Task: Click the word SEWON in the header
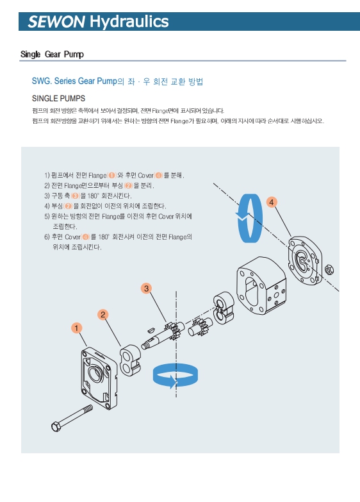[56, 21]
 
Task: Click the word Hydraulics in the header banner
[129, 21]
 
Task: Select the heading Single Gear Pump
[52, 54]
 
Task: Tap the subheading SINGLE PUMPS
[58, 98]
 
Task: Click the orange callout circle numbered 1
[76, 328]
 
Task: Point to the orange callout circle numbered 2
[102, 314]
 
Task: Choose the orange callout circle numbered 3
[146, 289]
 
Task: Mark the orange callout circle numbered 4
[272, 203]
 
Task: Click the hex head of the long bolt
[56, 426]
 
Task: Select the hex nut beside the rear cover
[329, 270]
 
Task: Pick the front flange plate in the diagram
[99, 378]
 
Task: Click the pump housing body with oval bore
[261, 285]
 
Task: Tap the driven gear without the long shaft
[200, 327]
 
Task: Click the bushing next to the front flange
[130, 360]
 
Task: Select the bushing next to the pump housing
[224, 308]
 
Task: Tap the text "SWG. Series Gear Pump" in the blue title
[74, 81]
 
